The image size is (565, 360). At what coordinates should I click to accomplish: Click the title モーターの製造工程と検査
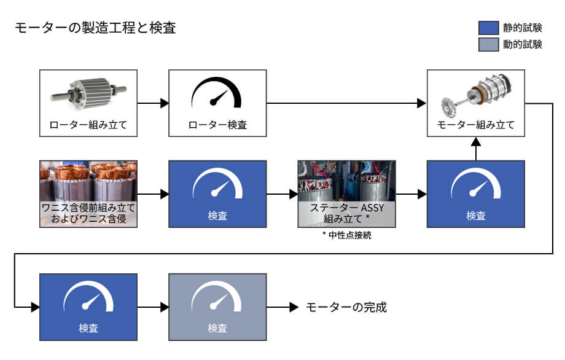click(95, 28)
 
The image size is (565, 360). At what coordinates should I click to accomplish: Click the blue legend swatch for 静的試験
click(488, 28)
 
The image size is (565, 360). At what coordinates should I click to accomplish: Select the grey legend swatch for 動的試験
click(488, 44)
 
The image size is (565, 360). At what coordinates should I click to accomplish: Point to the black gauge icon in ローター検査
click(217, 94)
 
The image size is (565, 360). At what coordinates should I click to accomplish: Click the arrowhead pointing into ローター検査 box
click(164, 103)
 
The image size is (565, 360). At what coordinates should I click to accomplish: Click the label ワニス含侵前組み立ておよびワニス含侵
click(88, 212)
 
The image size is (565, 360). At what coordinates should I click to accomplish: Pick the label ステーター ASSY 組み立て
click(347, 213)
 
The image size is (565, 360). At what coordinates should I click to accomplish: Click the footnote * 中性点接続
click(347, 235)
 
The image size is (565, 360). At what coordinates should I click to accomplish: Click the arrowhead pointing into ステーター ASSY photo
click(293, 195)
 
